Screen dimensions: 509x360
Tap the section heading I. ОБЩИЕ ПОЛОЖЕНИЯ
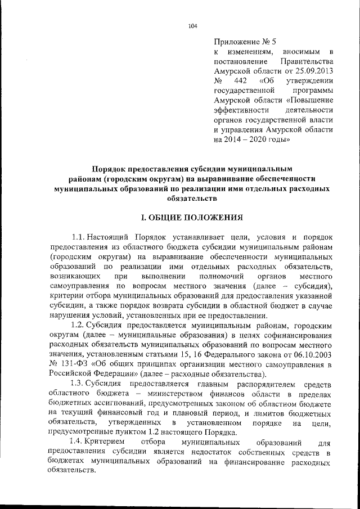click(192, 217)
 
